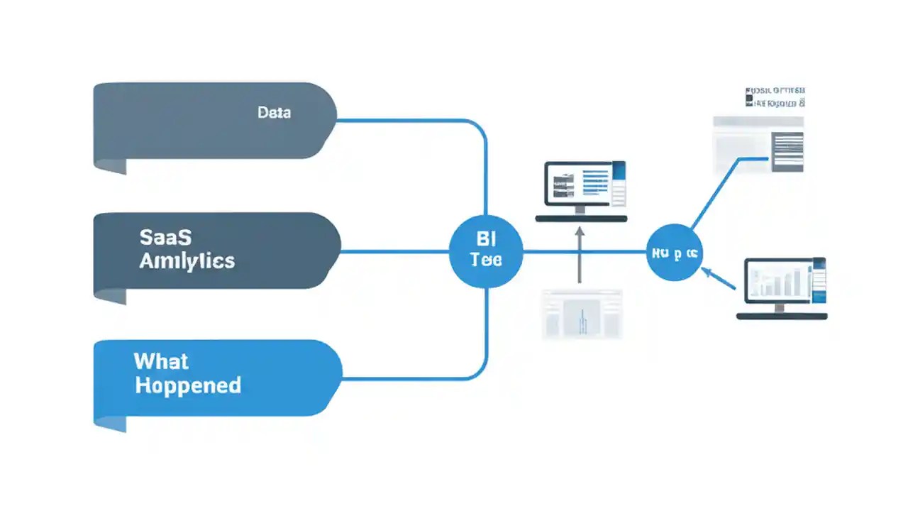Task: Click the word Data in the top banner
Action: pyautogui.click(x=274, y=112)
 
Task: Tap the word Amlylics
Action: pyautogui.click(x=187, y=260)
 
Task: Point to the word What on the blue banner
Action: pyautogui.click(x=161, y=361)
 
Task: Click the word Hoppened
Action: pyautogui.click(x=187, y=385)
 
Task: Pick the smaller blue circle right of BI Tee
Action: pyautogui.click(x=674, y=253)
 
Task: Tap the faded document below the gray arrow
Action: pyautogui.click(x=582, y=313)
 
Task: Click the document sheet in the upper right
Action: pyautogui.click(x=758, y=145)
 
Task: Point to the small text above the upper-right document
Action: pyautogui.click(x=775, y=97)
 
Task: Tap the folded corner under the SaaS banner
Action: pyautogui.click(x=110, y=296)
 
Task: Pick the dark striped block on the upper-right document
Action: pyautogui.click(x=787, y=151)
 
